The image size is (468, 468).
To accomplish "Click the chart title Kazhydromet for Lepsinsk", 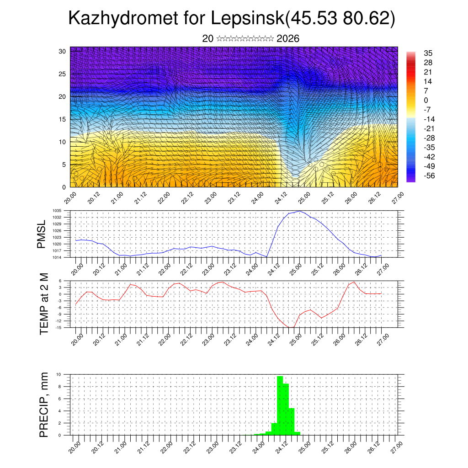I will tap(231, 19).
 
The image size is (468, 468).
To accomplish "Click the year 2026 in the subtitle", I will tap(288, 39).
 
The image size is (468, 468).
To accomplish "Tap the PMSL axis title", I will tap(41, 234).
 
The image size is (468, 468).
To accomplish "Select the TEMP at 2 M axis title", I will tap(44, 303).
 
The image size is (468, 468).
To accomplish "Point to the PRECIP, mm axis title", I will tap(44, 404).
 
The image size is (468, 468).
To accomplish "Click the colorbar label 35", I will tap(428, 53).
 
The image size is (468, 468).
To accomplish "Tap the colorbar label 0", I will tap(426, 101).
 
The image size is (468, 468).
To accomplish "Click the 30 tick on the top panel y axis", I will tap(62, 51).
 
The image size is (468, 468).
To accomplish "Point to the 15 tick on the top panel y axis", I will tap(62, 119).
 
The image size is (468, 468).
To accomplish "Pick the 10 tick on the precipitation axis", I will tap(65, 374).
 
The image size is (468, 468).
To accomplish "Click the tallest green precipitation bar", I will tap(280, 404).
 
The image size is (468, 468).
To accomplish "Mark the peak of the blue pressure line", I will tap(299, 211).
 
